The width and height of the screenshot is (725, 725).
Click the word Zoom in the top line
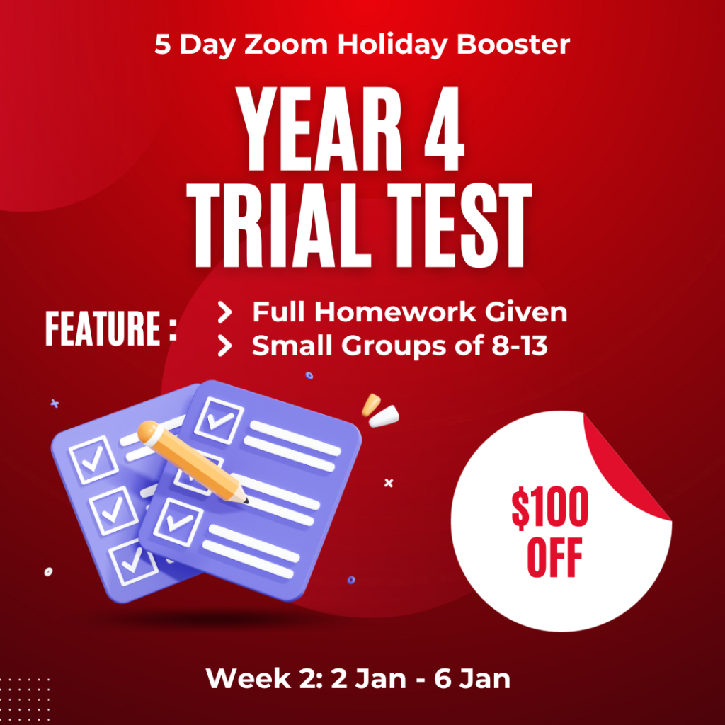[286, 45]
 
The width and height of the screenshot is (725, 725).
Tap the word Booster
[513, 45]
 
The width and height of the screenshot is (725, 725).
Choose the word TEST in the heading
[460, 225]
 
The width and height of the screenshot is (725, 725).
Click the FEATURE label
[110, 329]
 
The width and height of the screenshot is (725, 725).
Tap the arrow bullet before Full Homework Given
[224, 312]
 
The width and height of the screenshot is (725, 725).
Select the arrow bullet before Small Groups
[224, 346]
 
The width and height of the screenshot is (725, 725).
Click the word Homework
[395, 312]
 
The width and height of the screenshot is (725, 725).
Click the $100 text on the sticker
[549, 508]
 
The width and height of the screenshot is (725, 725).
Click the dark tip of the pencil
[246, 500]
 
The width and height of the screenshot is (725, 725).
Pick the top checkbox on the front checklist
[219, 421]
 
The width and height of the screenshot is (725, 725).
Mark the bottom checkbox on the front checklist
[178, 522]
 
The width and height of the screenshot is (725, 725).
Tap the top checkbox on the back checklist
[93, 459]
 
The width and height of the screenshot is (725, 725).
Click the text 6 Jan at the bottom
[472, 679]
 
